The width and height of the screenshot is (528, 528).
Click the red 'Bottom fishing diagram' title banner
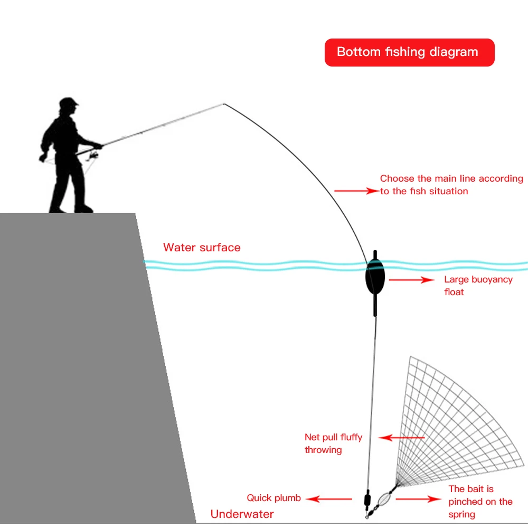[x=409, y=52]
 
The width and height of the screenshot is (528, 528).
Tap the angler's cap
[x=69, y=101]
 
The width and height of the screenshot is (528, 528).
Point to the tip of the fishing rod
[x=224, y=104]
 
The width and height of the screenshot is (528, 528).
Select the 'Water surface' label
[x=202, y=248]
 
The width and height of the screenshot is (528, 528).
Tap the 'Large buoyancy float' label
[x=478, y=286]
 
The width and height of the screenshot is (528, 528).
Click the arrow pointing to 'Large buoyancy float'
[x=411, y=280]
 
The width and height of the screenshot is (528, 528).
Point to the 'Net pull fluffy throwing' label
[x=333, y=444]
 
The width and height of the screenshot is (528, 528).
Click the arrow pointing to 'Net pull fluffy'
[x=402, y=437]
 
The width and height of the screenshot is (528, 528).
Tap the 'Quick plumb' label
[x=274, y=498]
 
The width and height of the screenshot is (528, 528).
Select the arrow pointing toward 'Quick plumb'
[x=329, y=498]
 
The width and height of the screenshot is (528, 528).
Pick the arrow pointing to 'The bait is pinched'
[x=418, y=498]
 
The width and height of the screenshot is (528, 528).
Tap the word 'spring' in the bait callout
[x=462, y=514]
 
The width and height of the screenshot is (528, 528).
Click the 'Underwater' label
[x=242, y=514]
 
